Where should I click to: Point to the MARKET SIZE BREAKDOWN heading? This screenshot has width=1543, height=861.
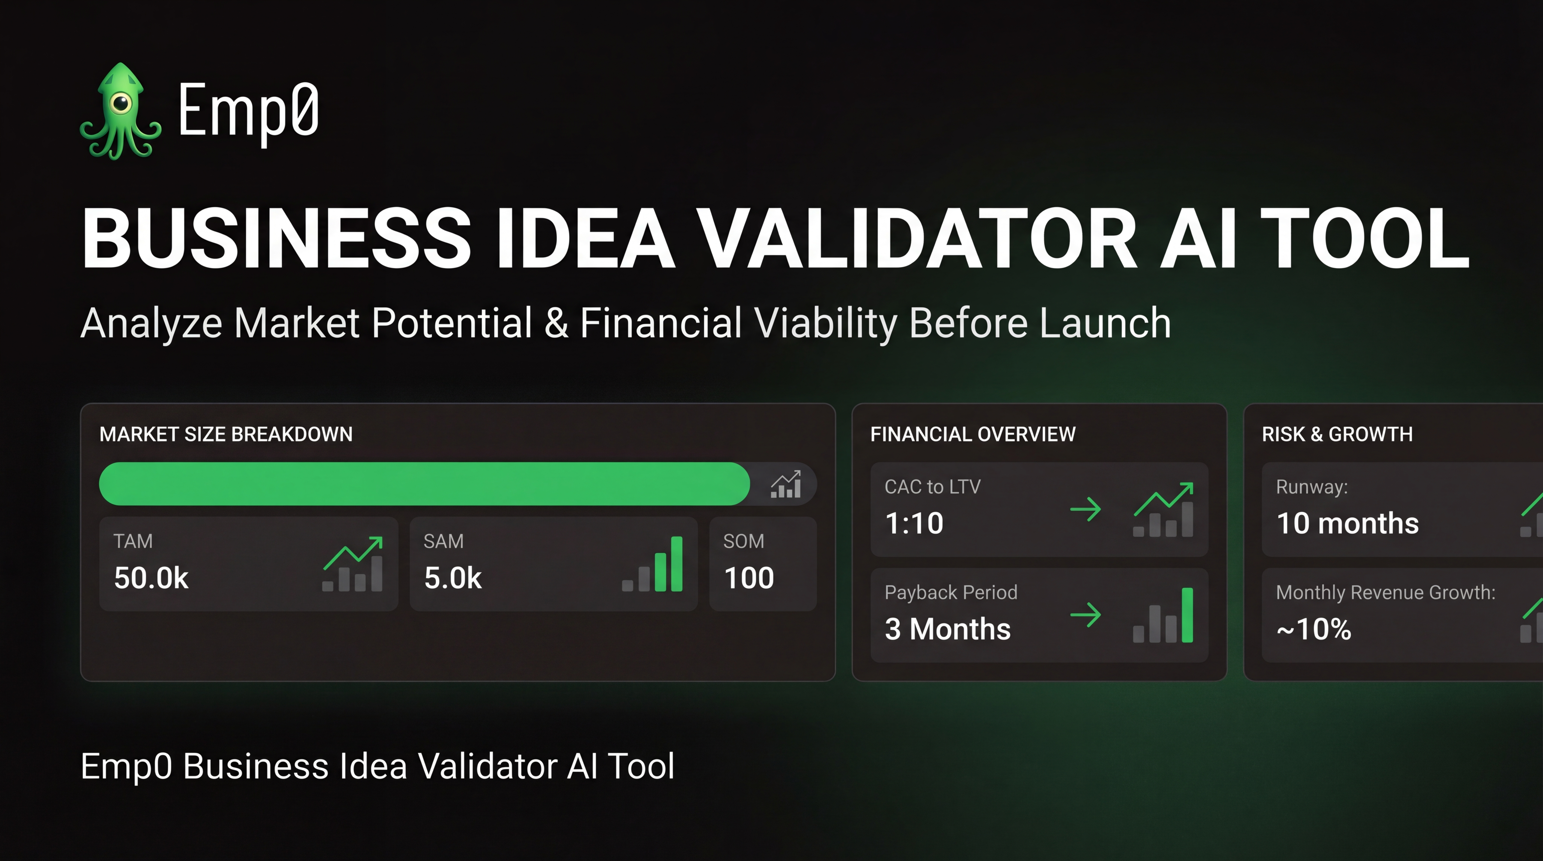pyautogui.click(x=226, y=434)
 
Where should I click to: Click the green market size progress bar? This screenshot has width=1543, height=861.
pyautogui.click(x=424, y=484)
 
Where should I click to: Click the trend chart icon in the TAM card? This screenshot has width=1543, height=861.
pyautogui.click(x=353, y=564)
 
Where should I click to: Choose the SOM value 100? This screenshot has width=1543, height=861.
pyautogui.click(x=749, y=578)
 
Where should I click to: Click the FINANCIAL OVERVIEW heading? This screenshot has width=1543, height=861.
pyautogui.click(x=973, y=434)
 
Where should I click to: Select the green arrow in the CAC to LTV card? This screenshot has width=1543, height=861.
pyautogui.click(x=1085, y=510)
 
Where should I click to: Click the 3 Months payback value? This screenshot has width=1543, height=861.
pyautogui.click(x=948, y=629)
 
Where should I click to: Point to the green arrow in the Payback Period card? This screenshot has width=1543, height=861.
pyautogui.click(x=1085, y=615)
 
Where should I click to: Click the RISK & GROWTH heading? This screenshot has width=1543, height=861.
pyautogui.click(x=1337, y=434)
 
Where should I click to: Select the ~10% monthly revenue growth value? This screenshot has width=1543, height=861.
pyautogui.click(x=1314, y=629)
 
